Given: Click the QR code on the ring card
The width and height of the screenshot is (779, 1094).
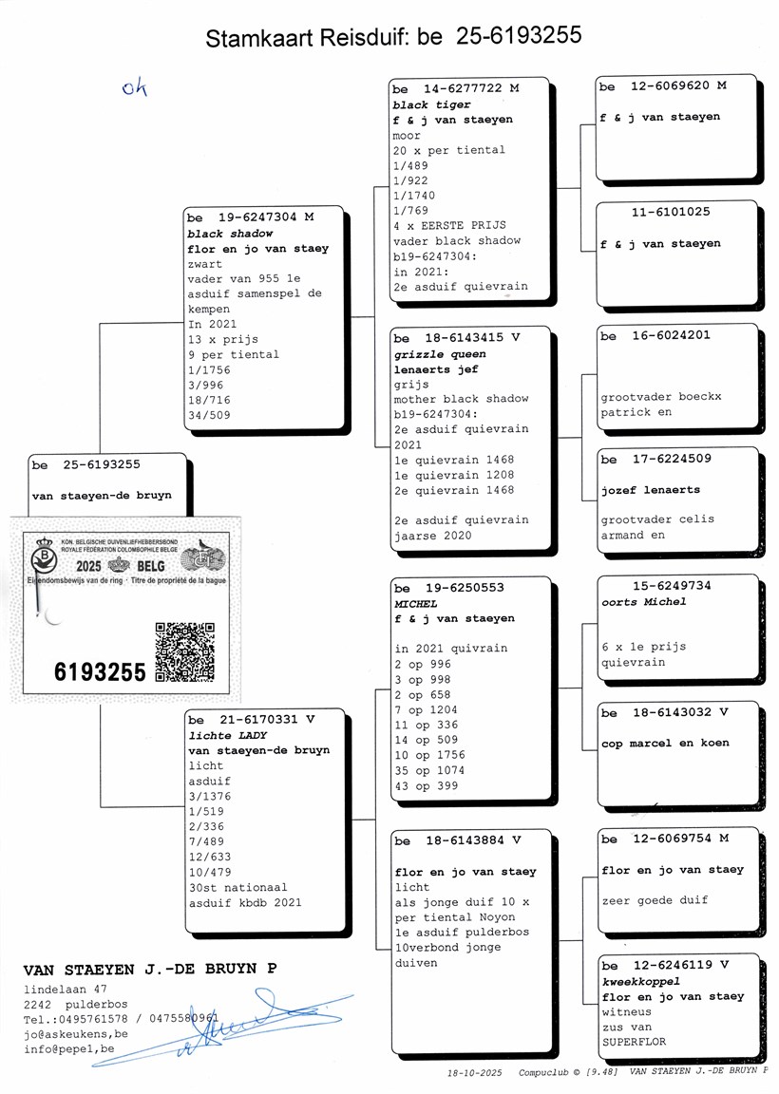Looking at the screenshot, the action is pyautogui.click(x=184, y=651).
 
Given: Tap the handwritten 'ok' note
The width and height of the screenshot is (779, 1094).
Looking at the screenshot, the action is pyautogui.click(x=134, y=87).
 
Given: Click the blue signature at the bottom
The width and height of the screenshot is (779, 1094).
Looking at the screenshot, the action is pyautogui.click(x=223, y=1027).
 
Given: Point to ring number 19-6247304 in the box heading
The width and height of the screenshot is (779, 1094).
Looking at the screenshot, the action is pyautogui.click(x=257, y=217).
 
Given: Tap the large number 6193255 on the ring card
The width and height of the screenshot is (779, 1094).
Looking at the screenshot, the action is pyautogui.click(x=100, y=672).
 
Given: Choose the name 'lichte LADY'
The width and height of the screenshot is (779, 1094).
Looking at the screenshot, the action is pyautogui.click(x=228, y=735).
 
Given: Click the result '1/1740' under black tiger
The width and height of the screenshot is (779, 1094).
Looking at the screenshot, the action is pyautogui.click(x=414, y=196).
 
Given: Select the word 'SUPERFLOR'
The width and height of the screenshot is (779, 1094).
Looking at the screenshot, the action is pyautogui.click(x=634, y=1042).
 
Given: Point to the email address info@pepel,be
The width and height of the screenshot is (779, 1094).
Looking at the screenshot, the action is pyautogui.click(x=69, y=1048).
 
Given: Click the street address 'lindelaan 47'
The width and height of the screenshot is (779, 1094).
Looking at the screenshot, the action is pyautogui.click(x=66, y=989).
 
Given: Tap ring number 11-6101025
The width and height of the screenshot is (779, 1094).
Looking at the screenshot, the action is pyautogui.click(x=671, y=212).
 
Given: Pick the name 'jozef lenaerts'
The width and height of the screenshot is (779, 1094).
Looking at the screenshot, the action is pyautogui.click(x=651, y=490).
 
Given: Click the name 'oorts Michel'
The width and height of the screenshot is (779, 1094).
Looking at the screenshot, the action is pyautogui.click(x=643, y=601).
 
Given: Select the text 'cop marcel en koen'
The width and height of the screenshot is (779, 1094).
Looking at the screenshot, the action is pyautogui.click(x=665, y=743).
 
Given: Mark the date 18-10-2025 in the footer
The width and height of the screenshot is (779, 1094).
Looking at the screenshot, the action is pyautogui.click(x=475, y=1072).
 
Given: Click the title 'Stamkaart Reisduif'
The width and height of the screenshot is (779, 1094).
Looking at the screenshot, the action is pyautogui.click(x=305, y=38).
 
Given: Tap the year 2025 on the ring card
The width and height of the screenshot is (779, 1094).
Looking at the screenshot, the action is pyautogui.click(x=88, y=566).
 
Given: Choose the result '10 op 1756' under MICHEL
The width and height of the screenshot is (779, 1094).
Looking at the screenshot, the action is pyautogui.click(x=430, y=755).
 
